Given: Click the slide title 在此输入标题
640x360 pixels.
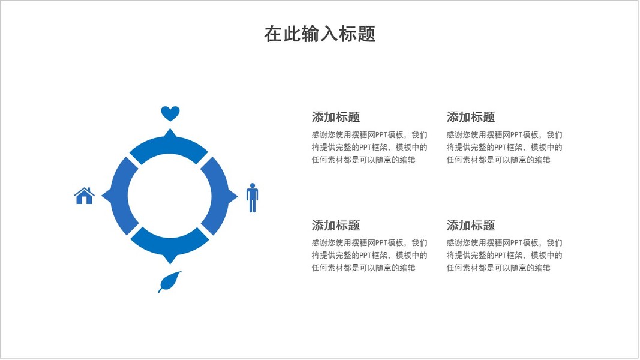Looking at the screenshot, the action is [x=320, y=34].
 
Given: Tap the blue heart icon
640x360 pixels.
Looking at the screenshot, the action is [x=170, y=113].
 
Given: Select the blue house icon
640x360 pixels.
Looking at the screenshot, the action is [x=85, y=196].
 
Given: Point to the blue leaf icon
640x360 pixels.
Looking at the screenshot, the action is [x=171, y=281].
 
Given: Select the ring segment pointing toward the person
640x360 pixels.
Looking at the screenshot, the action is [x=220, y=196].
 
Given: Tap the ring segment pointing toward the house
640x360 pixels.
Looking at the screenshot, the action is [x=120, y=196].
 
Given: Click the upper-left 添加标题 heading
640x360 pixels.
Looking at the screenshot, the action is [x=336, y=117].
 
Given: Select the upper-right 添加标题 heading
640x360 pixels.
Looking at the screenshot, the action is [x=471, y=117].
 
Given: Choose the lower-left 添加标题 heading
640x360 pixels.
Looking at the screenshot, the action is [x=336, y=226].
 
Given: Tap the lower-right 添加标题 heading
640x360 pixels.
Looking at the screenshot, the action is [x=471, y=226].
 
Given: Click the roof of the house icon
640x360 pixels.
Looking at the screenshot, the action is [x=85, y=191].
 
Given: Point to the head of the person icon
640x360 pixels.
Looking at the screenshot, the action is [x=252, y=185].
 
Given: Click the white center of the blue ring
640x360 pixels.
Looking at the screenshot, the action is [x=170, y=196].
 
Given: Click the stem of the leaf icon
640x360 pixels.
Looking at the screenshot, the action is [x=160, y=290].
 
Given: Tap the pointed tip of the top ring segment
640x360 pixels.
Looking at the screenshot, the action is [x=170, y=130].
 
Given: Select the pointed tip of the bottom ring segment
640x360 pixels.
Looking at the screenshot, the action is [x=170, y=262].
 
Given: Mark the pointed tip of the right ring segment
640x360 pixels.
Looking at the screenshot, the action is [x=236, y=196].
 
